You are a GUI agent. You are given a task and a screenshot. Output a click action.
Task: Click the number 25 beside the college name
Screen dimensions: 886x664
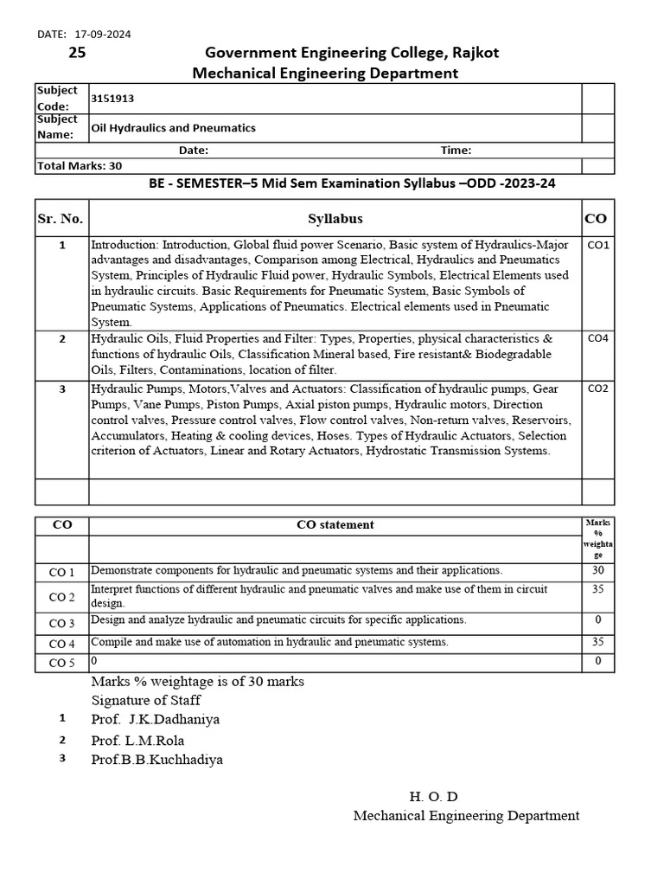point(77,53)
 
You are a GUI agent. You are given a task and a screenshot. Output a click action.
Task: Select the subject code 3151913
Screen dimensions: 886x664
point(112,99)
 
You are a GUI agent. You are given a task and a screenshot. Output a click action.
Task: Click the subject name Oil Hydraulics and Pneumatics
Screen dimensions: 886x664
point(173,127)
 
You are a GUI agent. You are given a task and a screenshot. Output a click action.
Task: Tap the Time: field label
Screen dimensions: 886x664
point(456,150)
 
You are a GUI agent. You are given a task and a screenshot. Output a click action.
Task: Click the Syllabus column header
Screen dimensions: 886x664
point(335,218)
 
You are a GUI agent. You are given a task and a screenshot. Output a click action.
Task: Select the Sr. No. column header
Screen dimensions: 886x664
point(61,218)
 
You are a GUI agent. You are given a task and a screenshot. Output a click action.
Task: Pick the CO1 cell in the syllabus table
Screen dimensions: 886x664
point(597,245)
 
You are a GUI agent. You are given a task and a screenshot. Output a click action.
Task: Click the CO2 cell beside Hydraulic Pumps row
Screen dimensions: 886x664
point(597,388)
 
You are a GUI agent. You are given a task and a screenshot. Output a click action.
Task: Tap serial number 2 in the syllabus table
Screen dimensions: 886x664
point(62,338)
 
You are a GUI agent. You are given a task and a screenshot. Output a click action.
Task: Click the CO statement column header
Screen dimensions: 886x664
point(335,524)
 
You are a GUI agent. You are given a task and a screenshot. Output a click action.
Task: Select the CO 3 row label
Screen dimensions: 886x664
point(61,623)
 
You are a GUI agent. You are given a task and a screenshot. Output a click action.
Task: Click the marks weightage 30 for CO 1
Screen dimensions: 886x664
point(597,571)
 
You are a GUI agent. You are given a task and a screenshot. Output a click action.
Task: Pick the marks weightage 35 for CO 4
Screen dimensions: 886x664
point(597,642)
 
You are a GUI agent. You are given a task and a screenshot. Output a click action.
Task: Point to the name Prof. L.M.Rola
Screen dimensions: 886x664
point(137,740)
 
